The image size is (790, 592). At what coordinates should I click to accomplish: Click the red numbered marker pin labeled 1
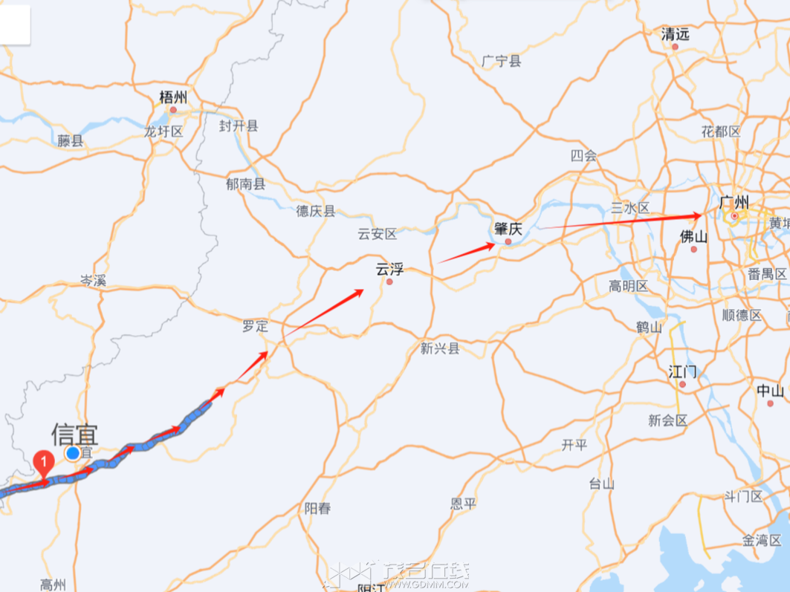[x=45, y=463]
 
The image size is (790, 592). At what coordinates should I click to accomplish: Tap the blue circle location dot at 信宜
[x=73, y=453]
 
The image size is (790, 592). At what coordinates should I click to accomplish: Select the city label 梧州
[x=174, y=97]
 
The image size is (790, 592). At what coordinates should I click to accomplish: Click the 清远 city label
[x=676, y=33]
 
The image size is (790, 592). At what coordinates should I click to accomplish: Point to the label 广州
[x=734, y=202]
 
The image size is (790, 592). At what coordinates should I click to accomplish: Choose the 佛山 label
[x=693, y=236]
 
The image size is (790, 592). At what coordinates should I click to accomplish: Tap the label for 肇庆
[x=508, y=229]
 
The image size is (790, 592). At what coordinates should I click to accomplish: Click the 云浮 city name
[x=389, y=269]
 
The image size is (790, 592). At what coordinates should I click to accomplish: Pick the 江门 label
[x=682, y=370]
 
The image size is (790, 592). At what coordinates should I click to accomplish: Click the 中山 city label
[x=770, y=391]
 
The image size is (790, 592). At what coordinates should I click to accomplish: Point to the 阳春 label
[x=317, y=509]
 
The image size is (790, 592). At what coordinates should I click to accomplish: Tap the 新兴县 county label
[x=440, y=348]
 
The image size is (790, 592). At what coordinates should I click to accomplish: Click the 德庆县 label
[x=316, y=212]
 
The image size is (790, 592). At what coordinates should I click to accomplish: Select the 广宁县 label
[x=502, y=62]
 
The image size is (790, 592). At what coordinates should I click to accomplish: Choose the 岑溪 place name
[x=94, y=281]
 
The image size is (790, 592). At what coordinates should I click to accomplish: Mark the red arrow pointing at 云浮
[x=325, y=310]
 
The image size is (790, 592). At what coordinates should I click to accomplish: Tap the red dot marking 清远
[x=676, y=47]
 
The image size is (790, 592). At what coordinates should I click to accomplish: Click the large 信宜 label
[x=74, y=433]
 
